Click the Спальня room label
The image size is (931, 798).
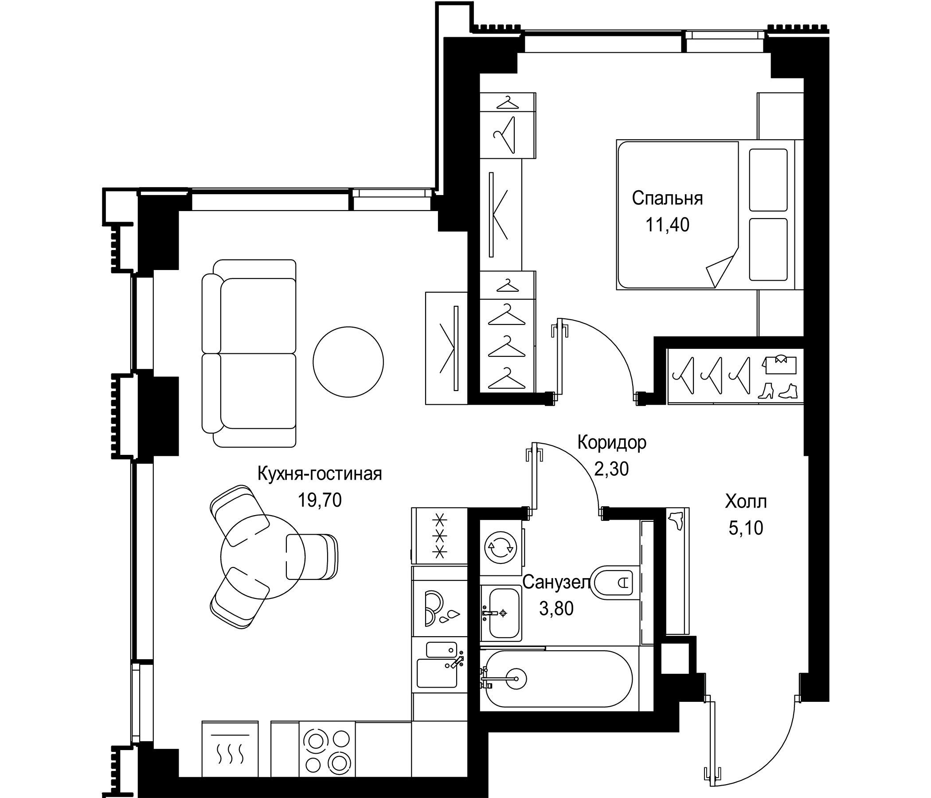pyautogui.click(x=667, y=199)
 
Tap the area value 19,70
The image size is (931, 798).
pyautogui.click(x=320, y=500)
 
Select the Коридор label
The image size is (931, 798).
pyautogui.click(x=611, y=442)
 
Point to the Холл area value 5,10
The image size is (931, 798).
pyautogui.click(x=745, y=528)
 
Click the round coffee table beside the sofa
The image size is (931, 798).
pyautogui.click(x=348, y=362)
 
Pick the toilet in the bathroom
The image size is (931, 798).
pyautogui.click(x=616, y=583)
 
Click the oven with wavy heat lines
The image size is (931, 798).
pyautogui.click(x=230, y=748)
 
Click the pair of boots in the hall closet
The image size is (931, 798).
pyautogui.click(x=777, y=391)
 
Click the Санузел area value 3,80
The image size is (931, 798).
pyautogui.click(x=556, y=609)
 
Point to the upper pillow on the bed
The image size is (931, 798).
pyautogui.click(x=768, y=180)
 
